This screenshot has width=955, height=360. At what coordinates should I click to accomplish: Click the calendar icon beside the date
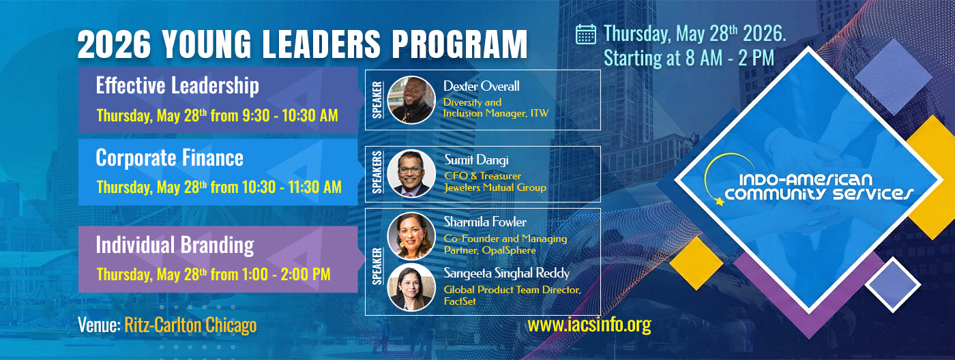tap(586, 35)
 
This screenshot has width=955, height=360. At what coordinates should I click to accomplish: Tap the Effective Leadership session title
tap(177, 86)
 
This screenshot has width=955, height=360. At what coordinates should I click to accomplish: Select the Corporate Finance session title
tap(170, 158)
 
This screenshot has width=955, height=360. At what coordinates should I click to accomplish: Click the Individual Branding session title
tap(175, 245)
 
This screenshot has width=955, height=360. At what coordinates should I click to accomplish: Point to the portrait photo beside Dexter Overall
tap(411, 100)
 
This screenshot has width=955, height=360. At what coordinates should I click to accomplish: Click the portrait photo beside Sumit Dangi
tap(411, 173)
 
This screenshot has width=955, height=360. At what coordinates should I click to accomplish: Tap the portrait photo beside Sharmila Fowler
tap(411, 236)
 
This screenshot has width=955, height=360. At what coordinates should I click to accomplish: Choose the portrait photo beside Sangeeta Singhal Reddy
tap(411, 287)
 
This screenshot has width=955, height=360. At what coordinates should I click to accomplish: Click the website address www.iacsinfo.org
tap(589, 325)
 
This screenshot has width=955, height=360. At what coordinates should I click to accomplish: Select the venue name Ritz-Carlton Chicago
tap(190, 325)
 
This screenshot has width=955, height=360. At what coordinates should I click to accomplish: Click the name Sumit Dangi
tap(476, 160)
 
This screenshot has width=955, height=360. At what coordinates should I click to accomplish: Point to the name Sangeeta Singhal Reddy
tap(506, 273)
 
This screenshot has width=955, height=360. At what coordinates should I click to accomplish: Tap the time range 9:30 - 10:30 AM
tap(290, 115)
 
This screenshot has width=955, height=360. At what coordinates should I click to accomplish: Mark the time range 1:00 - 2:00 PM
tap(286, 274)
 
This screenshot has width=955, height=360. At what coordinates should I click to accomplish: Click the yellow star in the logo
tap(720, 201)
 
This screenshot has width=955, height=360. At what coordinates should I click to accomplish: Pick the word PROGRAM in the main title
tap(460, 44)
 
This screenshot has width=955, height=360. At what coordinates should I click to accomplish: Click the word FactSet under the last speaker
tap(460, 301)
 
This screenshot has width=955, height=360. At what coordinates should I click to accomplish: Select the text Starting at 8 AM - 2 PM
tap(688, 59)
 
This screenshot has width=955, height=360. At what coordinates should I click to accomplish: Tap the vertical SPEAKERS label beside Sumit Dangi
tap(377, 172)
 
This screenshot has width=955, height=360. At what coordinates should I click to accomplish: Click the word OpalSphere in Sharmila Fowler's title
tap(509, 250)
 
